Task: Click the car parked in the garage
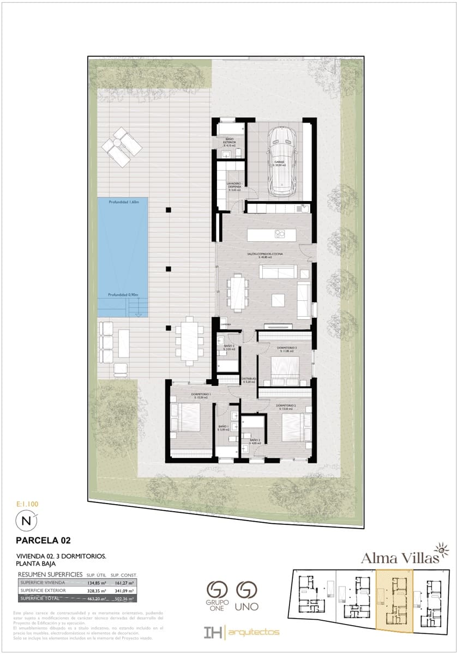(284, 161)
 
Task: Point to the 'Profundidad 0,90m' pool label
(123, 295)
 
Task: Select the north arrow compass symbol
(26, 521)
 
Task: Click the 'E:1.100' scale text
(27, 505)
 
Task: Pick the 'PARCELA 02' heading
(44, 541)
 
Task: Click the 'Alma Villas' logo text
(392, 558)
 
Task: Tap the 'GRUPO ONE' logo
(217, 596)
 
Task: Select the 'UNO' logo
(247, 596)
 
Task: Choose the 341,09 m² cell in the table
(124, 590)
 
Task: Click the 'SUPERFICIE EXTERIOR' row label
(43, 590)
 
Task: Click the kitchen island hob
(280, 234)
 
